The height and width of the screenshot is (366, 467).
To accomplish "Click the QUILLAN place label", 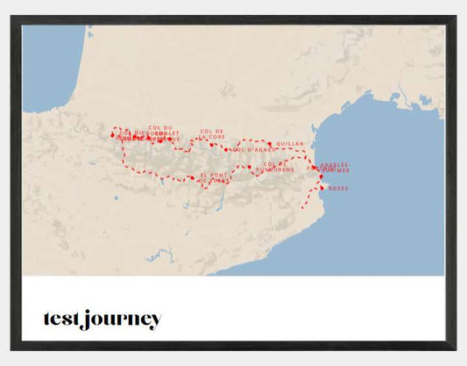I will point(289,143).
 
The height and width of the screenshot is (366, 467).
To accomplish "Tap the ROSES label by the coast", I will point(338,188).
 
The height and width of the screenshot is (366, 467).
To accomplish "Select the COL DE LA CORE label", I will point(212,133).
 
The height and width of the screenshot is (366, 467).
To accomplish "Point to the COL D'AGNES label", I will point(247,150).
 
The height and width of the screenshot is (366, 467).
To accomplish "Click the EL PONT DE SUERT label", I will point(216,178).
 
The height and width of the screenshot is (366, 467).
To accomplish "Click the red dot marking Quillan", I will point(270,143).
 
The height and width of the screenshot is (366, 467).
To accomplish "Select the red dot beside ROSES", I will point(322,187).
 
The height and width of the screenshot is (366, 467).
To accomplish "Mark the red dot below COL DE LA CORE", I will point(211,144).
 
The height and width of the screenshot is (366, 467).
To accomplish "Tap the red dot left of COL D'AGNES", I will point(226,150).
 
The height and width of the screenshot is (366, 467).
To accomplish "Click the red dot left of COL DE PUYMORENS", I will point(250,167).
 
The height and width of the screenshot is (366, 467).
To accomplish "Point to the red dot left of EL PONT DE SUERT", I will point(192,177).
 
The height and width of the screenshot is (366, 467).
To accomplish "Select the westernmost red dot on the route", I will point(112,135).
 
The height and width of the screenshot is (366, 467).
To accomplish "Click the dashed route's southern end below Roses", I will point(303,207).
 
